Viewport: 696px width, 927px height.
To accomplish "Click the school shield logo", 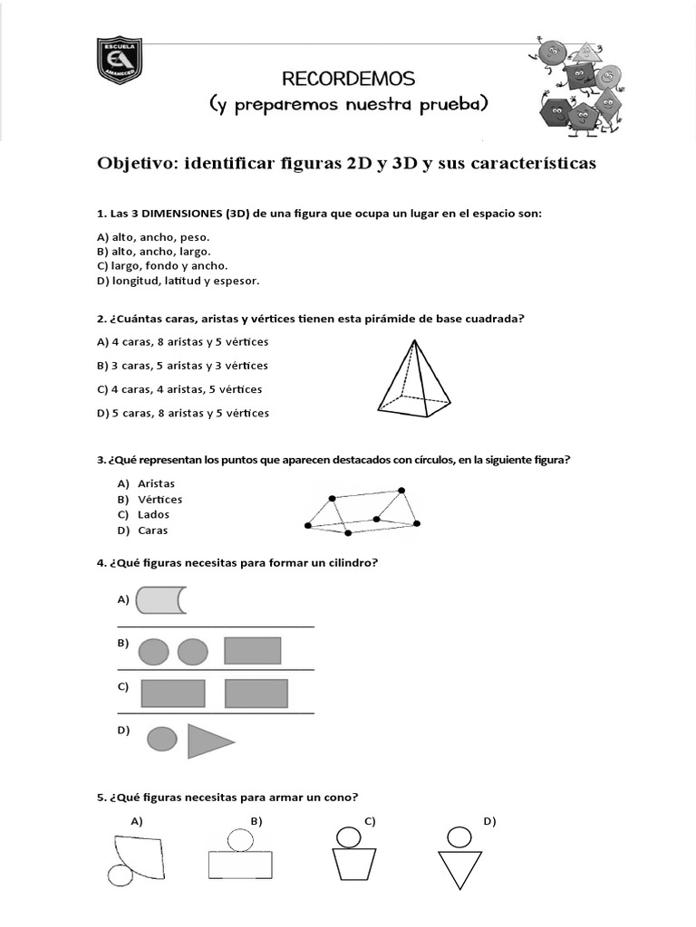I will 120,62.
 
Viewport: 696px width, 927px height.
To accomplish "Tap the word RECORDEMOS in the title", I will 348,78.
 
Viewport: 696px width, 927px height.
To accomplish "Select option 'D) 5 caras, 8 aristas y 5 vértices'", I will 182,413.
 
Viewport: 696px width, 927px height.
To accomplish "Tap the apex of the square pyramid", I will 415,341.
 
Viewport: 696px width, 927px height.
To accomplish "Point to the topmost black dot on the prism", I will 401,490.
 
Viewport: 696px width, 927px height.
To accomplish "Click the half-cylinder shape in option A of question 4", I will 159,599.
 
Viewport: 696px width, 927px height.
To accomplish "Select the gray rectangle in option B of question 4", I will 252,650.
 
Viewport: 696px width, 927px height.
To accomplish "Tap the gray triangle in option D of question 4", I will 208,741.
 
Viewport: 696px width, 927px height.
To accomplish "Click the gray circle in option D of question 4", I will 161,739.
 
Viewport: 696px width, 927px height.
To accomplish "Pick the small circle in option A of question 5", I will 121,875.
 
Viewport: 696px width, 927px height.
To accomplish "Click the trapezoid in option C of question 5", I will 347,864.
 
